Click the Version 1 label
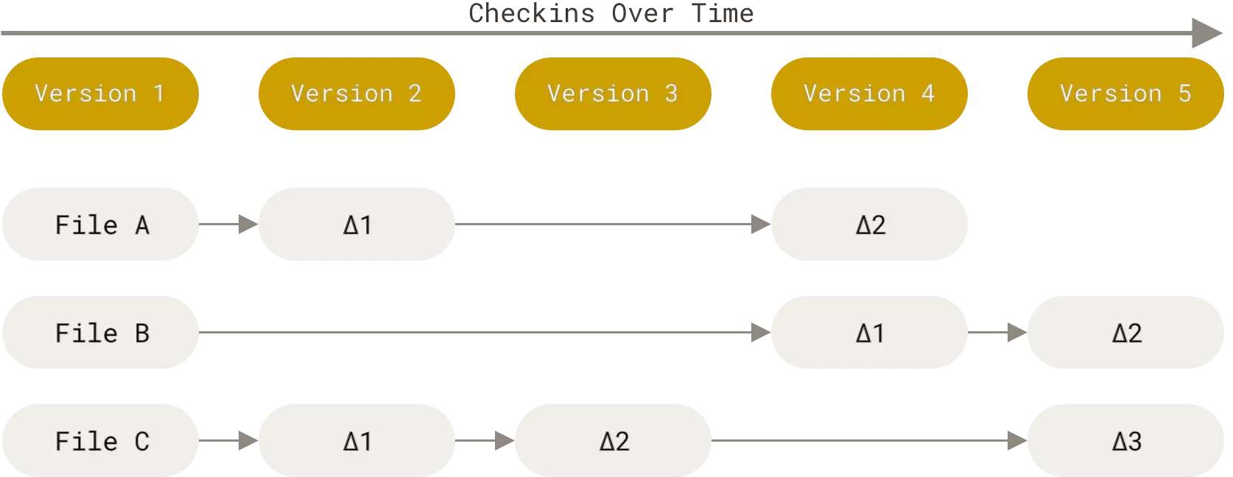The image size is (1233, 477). [x=100, y=93]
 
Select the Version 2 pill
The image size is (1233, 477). [x=356, y=93]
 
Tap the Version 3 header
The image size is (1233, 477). [x=614, y=93]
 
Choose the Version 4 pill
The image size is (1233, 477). [x=869, y=93]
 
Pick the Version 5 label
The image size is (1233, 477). [x=1125, y=93]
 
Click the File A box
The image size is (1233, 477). [x=100, y=224]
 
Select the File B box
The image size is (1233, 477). [x=100, y=332]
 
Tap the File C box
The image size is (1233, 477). [x=100, y=441]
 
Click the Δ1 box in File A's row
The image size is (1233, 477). [x=356, y=224]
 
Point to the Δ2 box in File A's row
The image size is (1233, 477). [x=869, y=224]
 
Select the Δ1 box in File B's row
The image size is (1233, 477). [x=869, y=332]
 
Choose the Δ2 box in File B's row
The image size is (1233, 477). [x=1125, y=332]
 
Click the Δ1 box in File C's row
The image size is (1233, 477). [x=356, y=441]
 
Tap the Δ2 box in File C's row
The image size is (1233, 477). [x=614, y=441]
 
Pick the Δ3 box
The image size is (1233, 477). [x=1125, y=441]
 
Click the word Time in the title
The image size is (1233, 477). [x=722, y=13]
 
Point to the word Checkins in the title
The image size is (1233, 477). [x=532, y=13]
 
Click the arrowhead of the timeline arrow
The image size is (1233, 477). [x=1207, y=33]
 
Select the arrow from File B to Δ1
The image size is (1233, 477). [x=485, y=332]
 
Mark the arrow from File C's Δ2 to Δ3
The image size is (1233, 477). [x=869, y=441]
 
